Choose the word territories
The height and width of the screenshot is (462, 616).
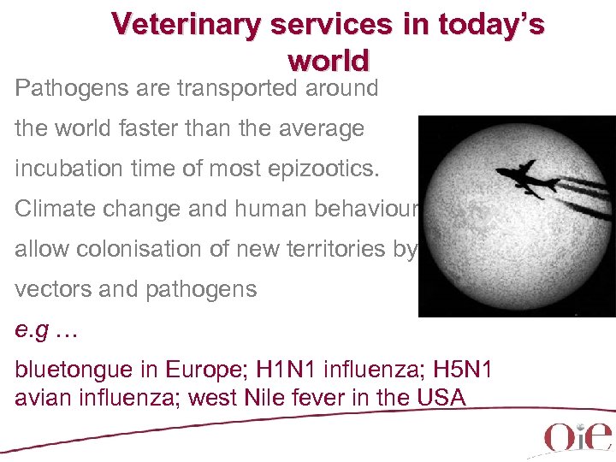coord(336,248)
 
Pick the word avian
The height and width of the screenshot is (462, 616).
coord(41,397)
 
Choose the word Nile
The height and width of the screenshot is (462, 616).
coord(323,397)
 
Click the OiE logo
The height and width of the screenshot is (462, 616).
coord(577,435)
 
